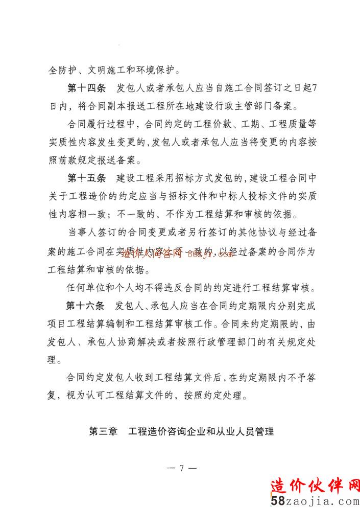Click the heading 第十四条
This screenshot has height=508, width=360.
[x=86, y=87]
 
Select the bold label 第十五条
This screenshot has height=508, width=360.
[x=86, y=178]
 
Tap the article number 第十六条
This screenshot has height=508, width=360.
[x=85, y=306]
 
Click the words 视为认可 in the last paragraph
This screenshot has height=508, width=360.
[x=90, y=395]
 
